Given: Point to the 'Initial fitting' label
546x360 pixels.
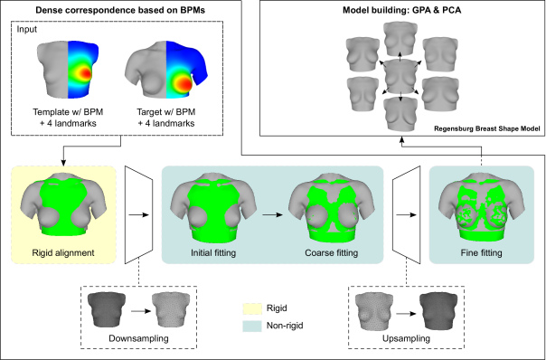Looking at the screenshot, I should pos(208,252).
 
